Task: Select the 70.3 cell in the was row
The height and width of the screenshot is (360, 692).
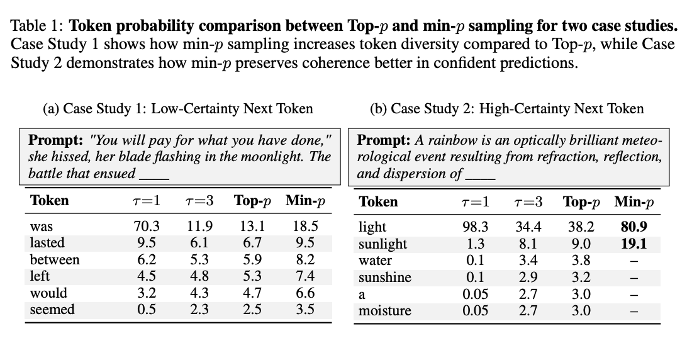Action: [x=146, y=226]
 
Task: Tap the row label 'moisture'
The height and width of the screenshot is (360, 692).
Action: [x=384, y=310]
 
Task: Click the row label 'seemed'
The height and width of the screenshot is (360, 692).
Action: [x=52, y=309]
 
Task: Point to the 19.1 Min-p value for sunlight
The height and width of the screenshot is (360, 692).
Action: [x=634, y=244]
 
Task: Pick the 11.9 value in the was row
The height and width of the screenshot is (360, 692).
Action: [x=200, y=226]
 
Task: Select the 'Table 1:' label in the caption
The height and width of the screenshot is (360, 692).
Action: [x=37, y=27]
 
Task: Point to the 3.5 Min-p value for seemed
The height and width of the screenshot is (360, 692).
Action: [x=306, y=309]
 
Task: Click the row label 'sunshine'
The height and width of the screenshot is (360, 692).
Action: [x=384, y=277]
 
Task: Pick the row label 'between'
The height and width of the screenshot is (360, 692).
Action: [x=55, y=259]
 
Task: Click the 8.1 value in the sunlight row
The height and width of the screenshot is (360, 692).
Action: [x=528, y=244]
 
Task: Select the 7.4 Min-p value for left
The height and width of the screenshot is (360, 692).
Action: [x=306, y=276]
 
